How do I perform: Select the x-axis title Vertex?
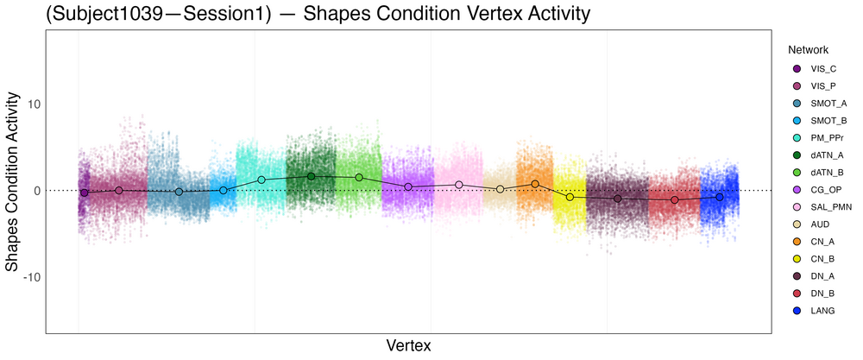(408, 345)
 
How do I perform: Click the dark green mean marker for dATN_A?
(312, 176)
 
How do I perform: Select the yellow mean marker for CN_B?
(570, 198)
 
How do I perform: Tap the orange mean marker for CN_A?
(535, 184)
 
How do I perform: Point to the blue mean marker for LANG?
(720, 197)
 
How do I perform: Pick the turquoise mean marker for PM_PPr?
(261, 180)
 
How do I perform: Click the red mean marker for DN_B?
(675, 200)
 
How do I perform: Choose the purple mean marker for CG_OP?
(408, 186)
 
